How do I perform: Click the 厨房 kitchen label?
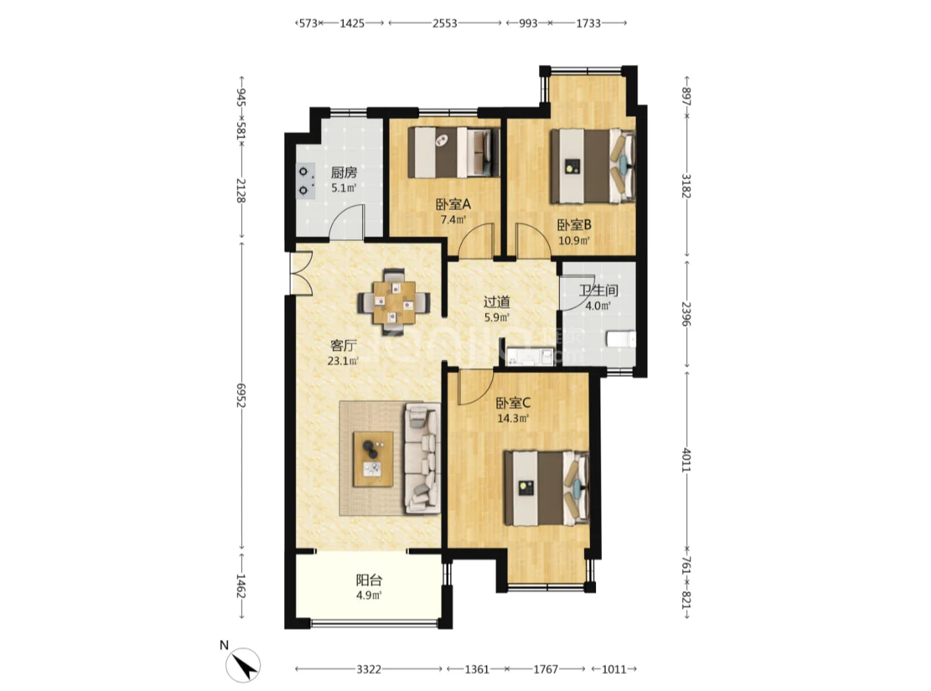click(x=343, y=172)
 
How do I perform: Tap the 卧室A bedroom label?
click(x=453, y=204)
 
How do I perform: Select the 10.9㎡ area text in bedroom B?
click(x=575, y=240)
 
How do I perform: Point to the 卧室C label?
click(x=513, y=404)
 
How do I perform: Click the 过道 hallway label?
click(x=497, y=302)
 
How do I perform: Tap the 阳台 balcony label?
click(x=369, y=580)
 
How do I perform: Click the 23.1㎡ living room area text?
click(x=343, y=361)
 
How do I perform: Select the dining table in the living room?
click(x=393, y=302)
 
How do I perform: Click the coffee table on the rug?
click(x=373, y=459)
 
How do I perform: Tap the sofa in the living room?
click(x=422, y=458)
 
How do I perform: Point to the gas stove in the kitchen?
click(x=305, y=180)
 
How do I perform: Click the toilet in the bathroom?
click(x=621, y=339)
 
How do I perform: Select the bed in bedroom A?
click(x=454, y=152)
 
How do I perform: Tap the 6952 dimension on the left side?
click(x=241, y=395)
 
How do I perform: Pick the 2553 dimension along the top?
click(x=444, y=23)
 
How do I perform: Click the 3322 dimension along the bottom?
click(x=368, y=669)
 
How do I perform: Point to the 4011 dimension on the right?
click(x=686, y=460)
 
